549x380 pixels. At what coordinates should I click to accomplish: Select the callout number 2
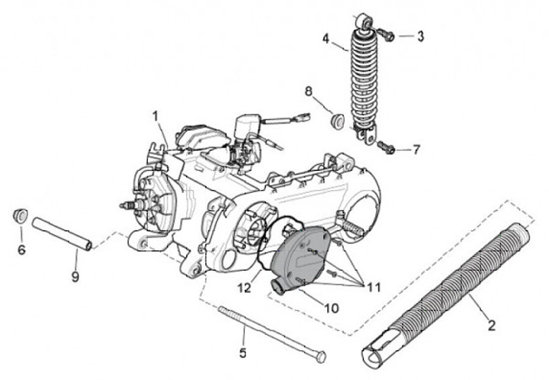pyautogui.click(x=492, y=325)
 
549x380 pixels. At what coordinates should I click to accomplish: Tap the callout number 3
pyautogui.click(x=420, y=35)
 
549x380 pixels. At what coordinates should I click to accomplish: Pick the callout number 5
pyautogui.click(x=243, y=353)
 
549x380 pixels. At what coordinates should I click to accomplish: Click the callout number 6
pyautogui.click(x=21, y=250)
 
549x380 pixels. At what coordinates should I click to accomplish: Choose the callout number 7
pyautogui.click(x=416, y=150)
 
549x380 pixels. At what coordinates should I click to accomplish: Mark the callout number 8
pyautogui.click(x=309, y=92)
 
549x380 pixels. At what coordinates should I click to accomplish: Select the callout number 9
pyautogui.click(x=75, y=276)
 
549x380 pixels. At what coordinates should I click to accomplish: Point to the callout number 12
pyautogui.click(x=243, y=288)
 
